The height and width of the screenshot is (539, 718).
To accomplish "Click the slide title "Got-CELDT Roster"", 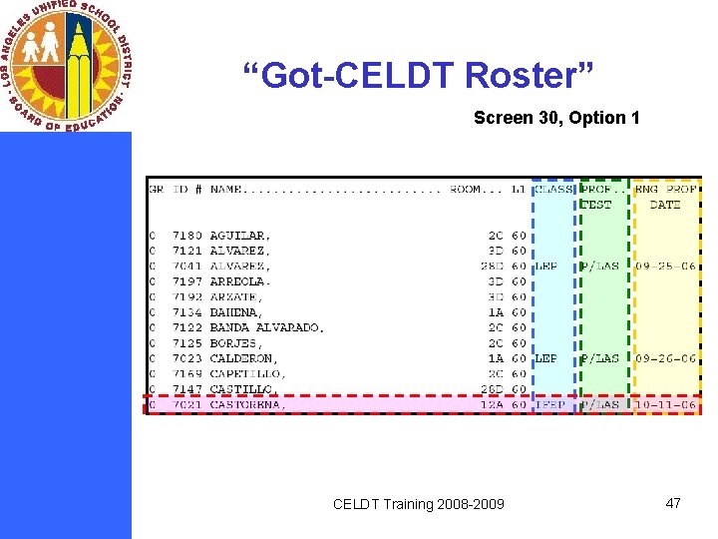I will (x=418, y=76).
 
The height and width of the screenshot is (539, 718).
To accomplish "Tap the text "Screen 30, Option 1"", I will (x=556, y=118).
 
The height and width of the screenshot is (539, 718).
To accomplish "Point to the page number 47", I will (x=673, y=503).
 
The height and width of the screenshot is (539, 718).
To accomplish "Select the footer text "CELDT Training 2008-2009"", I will (x=419, y=504).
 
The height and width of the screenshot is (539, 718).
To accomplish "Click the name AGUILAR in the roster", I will (x=239, y=236).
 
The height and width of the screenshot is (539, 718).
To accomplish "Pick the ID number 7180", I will (x=185, y=236).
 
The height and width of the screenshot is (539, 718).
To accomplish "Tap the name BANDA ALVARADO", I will (x=266, y=327).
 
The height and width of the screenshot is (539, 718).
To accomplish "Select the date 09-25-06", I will (x=665, y=267).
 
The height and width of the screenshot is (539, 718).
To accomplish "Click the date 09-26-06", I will (x=665, y=358).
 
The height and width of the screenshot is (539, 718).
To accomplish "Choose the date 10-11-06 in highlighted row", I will (x=665, y=404).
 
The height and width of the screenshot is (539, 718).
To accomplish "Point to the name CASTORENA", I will (x=247, y=404).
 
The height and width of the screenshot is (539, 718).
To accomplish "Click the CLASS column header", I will (x=554, y=189).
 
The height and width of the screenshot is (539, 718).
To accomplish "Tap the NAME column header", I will (x=229, y=189).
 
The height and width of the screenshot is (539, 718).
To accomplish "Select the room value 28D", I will (x=491, y=267).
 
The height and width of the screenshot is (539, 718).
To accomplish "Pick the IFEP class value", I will (x=550, y=404).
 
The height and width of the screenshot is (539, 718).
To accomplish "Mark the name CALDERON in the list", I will (x=243, y=358).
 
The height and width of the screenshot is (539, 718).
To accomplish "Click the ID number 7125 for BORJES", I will (x=185, y=343).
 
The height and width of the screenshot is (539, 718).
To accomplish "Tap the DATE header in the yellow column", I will (x=664, y=205).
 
